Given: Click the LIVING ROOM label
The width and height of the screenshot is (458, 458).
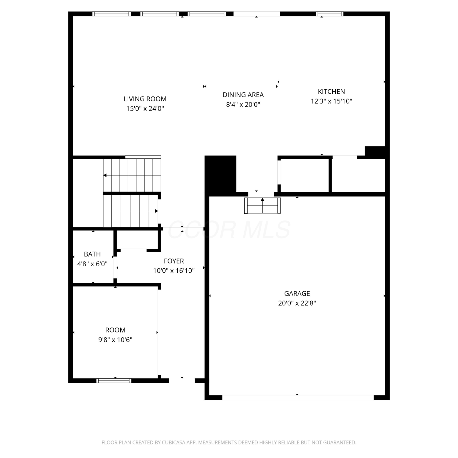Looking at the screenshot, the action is click(x=145, y=99).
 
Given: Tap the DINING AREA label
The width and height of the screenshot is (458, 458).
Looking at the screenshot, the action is click(x=243, y=95).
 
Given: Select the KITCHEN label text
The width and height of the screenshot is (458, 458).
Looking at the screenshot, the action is click(x=331, y=92).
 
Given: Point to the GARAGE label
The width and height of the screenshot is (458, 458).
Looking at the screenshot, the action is click(x=297, y=294).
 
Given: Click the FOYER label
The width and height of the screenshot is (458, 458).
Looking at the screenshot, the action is click(x=174, y=261).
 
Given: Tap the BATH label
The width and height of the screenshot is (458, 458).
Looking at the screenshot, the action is click(x=92, y=254).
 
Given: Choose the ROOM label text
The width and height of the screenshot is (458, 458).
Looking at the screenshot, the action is click(x=115, y=330).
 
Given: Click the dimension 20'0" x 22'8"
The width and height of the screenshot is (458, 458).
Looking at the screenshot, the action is click(x=297, y=303).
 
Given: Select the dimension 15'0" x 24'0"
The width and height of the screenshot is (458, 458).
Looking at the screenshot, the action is click(x=145, y=108).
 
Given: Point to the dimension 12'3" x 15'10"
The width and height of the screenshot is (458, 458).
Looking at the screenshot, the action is click(x=331, y=101).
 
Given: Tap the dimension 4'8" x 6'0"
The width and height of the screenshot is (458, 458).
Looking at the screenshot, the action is click(x=92, y=264).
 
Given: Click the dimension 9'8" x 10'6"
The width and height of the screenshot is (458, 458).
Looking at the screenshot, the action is click(x=115, y=340).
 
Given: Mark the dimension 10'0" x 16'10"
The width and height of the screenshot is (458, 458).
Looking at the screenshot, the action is click(x=174, y=271).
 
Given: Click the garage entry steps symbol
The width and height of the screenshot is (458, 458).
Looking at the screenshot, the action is click(x=263, y=205).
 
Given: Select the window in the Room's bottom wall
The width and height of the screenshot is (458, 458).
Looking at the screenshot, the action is click(x=114, y=380).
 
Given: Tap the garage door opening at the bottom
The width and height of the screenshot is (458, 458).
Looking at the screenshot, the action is click(x=298, y=398).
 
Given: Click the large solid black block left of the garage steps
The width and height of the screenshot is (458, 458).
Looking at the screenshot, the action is click(x=220, y=174).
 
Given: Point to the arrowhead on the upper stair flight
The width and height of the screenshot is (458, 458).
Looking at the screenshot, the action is click(x=105, y=175).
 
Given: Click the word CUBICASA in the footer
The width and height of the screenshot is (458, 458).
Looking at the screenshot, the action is click(x=174, y=442).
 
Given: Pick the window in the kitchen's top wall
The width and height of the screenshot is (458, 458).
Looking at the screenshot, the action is click(x=329, y=14).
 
